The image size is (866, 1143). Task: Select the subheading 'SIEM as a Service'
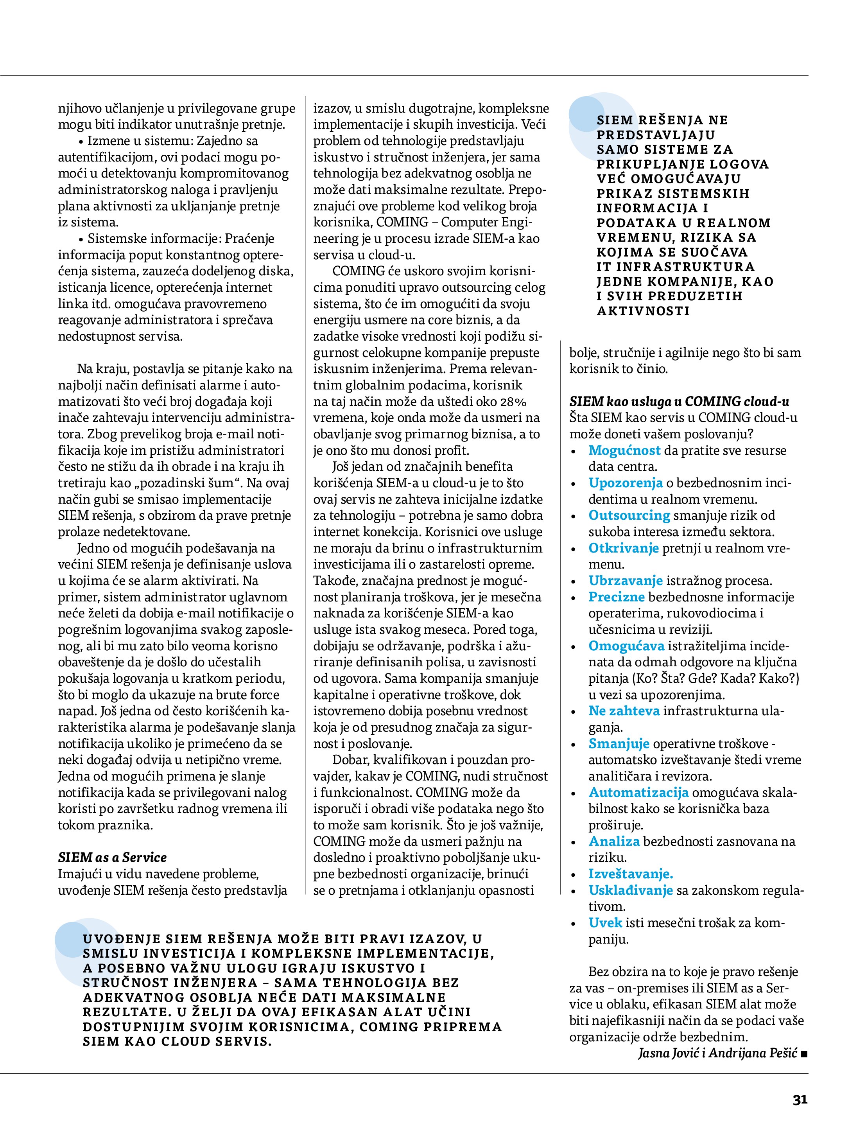coord(112,857)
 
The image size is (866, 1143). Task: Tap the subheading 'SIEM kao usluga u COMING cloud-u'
coord(679,402)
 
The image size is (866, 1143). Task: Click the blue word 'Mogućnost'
coord(624,450)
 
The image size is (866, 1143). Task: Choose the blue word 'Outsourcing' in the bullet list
coord(629,515)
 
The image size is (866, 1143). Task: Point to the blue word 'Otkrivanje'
coord(623,548)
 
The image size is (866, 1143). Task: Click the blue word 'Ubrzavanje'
coord(625,580)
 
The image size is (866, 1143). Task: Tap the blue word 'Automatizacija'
coord(638,792)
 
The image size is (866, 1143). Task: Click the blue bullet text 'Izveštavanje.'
coord(630,874)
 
